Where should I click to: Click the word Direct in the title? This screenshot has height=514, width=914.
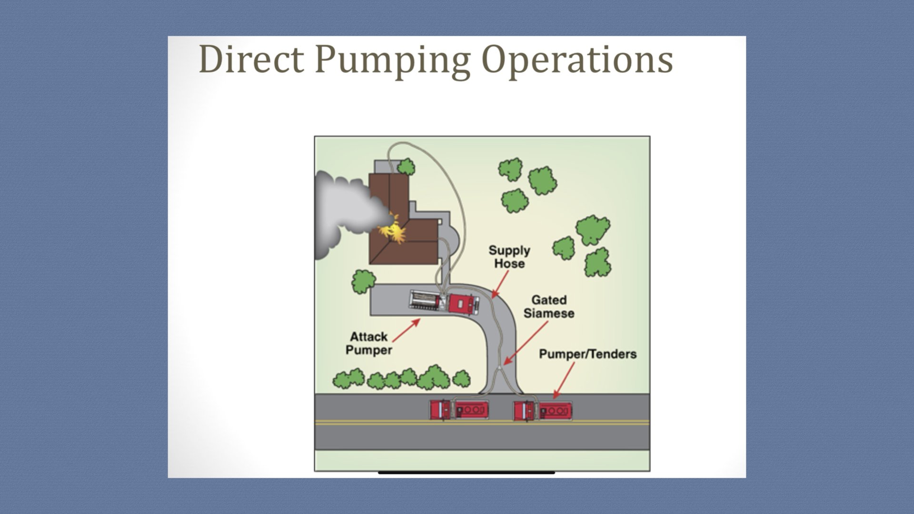point(251,59)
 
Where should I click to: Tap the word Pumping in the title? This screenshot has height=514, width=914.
point(392,60)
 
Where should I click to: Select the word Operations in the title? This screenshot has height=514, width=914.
point(577,60)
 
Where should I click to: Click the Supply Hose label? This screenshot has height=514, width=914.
point(509,257)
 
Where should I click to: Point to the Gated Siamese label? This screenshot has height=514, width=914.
point(549,306)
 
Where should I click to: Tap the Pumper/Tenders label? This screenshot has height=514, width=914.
point(587,354)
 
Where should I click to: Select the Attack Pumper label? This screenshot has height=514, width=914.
point(369,343)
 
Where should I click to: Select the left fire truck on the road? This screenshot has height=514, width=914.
point(459,409)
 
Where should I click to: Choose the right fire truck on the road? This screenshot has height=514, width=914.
point(542,411)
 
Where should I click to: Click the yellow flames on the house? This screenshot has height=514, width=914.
point(392,230)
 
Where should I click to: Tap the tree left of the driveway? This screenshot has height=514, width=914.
point(363,281)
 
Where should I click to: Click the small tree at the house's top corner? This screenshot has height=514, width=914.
point(406,167)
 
